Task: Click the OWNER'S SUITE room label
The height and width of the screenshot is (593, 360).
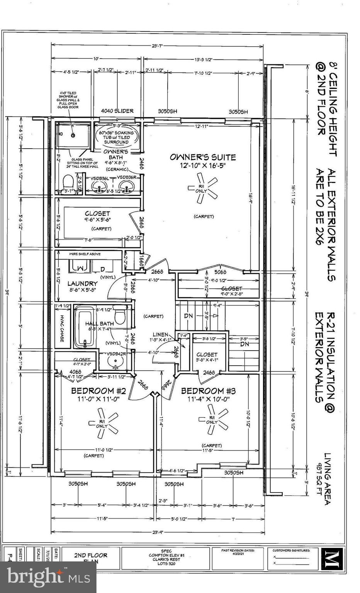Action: (203, 157)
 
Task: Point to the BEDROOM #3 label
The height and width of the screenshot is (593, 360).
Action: (208, 391)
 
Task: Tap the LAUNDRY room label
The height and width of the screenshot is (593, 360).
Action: (82, 283)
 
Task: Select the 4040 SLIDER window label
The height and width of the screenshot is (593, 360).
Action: (117, 111)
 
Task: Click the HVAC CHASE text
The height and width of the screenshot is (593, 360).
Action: (62, 328)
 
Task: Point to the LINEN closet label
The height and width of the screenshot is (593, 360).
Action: (160, 335)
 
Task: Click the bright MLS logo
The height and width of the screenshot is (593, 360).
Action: (48, 577)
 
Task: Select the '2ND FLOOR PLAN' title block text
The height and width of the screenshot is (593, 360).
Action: (90, 558)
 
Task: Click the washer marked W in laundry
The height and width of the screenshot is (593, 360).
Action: (80, 267)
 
